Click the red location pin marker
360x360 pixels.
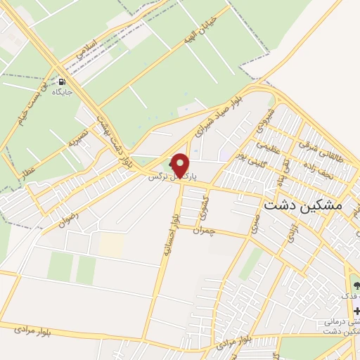pyautogui.click(x=181, y=165)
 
